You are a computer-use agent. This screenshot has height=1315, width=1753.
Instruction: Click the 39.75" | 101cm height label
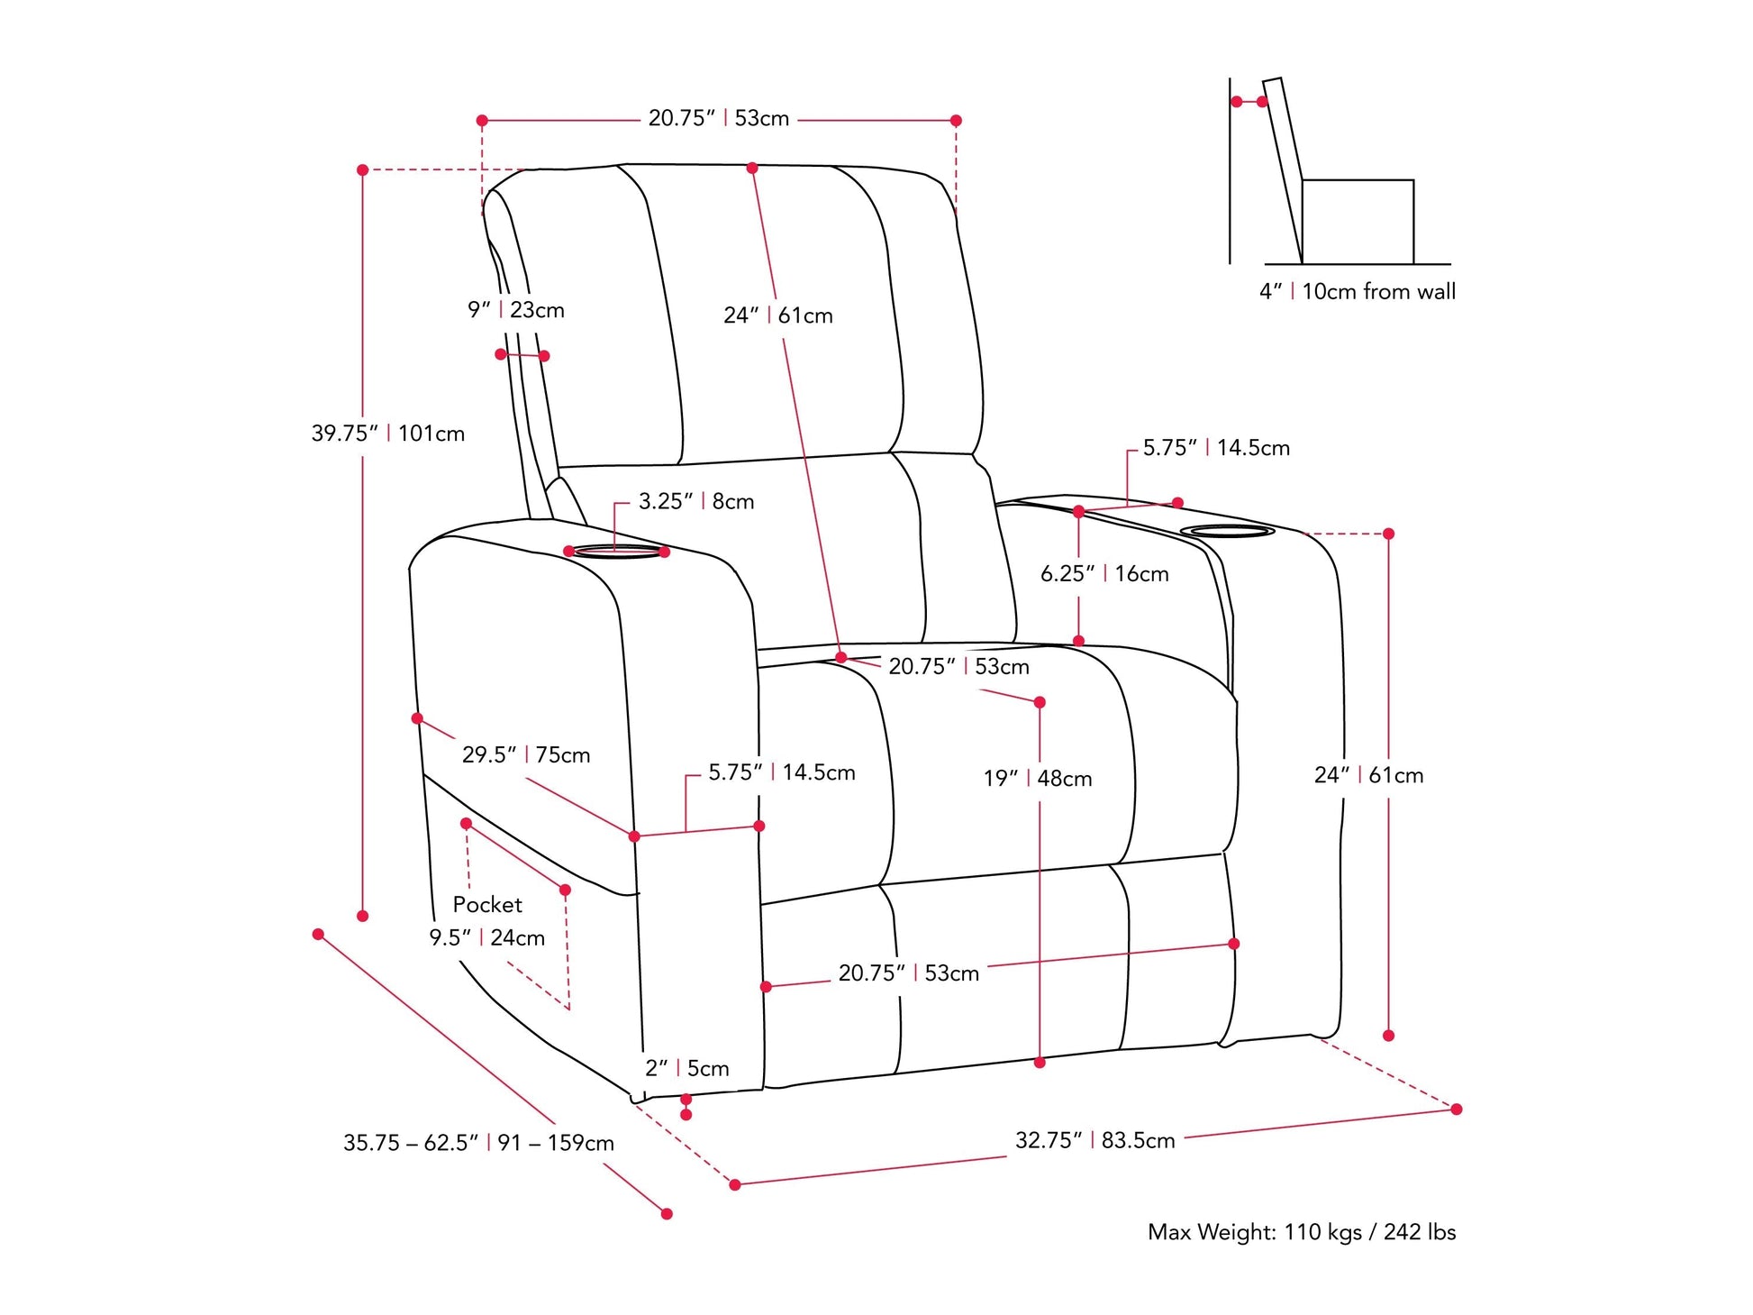click(x=387, y=434)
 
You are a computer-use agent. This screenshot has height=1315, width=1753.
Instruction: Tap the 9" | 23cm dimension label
click(x=515, y=310)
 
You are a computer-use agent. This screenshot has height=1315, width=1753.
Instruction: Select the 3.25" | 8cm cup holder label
click(x=695, y=501)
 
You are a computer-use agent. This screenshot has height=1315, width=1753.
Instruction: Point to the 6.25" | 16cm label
click(x=1104, y=573)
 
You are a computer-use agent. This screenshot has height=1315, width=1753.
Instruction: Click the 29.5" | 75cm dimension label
click(x=525, y=754)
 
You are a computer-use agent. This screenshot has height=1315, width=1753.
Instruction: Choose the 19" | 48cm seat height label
click(x=1037, y=778)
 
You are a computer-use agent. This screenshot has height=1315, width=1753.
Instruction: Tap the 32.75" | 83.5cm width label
click(x=1094, y=1140)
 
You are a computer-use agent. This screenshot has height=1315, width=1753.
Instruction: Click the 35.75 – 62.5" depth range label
click(x=478, y=1143)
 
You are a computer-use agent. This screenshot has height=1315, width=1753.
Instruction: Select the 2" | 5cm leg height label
click(x=686, y=1068)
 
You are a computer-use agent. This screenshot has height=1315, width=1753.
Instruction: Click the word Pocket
click(x=486, y=904)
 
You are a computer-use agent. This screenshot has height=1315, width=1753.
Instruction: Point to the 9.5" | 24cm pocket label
click(x=486, y=937)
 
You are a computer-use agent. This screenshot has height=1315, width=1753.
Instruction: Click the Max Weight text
click(x=1301, y=1231)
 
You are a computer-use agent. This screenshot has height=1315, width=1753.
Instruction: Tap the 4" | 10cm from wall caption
click(x=1357, y=291)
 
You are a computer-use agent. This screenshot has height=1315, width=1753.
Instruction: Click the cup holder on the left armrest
click(x=618, y=551)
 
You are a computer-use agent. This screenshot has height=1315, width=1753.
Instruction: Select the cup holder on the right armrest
click(x=1227, y=531)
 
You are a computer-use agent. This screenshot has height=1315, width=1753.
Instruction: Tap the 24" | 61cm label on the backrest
click(x=777, y=315)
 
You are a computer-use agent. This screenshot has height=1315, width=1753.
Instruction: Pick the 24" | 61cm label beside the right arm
click(x=1368, y=775)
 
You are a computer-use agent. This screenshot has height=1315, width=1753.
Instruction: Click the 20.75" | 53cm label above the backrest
click(x=718, y=118)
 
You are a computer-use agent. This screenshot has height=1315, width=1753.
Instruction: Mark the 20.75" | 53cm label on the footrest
click(x=908, y=973)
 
